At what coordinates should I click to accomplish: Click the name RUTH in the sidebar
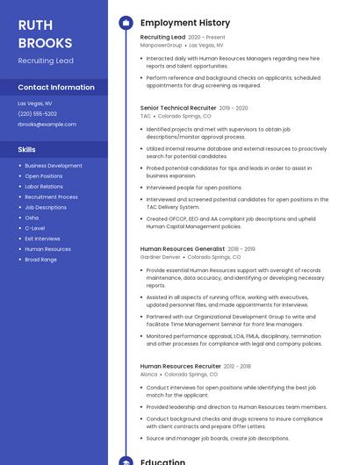(x=35, y=25)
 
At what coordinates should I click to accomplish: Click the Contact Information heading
(x=56, y=87)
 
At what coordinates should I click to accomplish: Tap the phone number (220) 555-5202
(x=37, y=113)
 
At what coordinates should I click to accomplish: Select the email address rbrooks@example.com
(x=47, y=124)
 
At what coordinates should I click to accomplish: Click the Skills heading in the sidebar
(x=26, y=150)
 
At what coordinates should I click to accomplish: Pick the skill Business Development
(x=54, y=166)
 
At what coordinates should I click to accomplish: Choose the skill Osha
(x=32, y=218)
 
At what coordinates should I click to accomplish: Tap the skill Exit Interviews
(x=42, y=239)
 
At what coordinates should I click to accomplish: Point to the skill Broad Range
(x=40, y=260)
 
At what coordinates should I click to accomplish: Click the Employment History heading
(x=185, y=23)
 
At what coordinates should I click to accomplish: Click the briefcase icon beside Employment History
(x=126, y=23)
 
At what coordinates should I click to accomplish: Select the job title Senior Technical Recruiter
(x=178, y=108)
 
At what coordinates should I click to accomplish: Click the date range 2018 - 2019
(x=241, y=249)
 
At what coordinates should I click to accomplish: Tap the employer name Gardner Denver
(x=160, y=257)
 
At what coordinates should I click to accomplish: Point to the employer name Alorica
(x=148, y=374)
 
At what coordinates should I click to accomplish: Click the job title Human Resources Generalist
(x=183, y=249)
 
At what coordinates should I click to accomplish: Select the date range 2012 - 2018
(x=237, y=366)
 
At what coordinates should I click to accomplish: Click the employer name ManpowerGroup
(x=161, y=45)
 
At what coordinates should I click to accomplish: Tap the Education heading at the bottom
(x=162, y=461)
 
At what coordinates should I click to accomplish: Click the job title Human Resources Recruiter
(x=180, y=366)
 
